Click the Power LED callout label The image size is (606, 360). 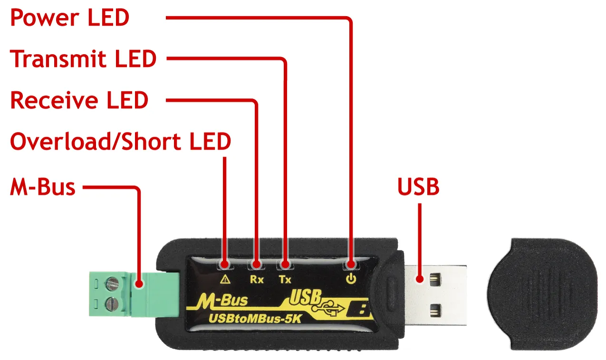[70, 18]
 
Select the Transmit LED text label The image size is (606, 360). [83, 58]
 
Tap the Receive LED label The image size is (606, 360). [79, 100]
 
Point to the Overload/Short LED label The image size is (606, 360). [120, 142]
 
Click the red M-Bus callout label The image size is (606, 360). [43, 187]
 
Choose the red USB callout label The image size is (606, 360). [418, 187]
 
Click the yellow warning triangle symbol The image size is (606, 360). [225, 279]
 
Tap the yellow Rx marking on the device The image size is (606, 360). [257, 279]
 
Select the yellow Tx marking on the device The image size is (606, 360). [285, 279]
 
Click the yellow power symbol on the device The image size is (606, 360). [351, 279]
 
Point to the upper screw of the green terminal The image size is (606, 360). [113, 283]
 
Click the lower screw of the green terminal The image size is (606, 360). [112, 303]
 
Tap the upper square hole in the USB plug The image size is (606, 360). [435, 279]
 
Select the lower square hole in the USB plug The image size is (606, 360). [435, 311]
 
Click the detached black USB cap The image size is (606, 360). [543, 294]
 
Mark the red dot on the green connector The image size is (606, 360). [139, 284]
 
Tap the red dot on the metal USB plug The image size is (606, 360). [420, 279]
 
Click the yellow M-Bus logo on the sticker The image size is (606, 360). [222, 301]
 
